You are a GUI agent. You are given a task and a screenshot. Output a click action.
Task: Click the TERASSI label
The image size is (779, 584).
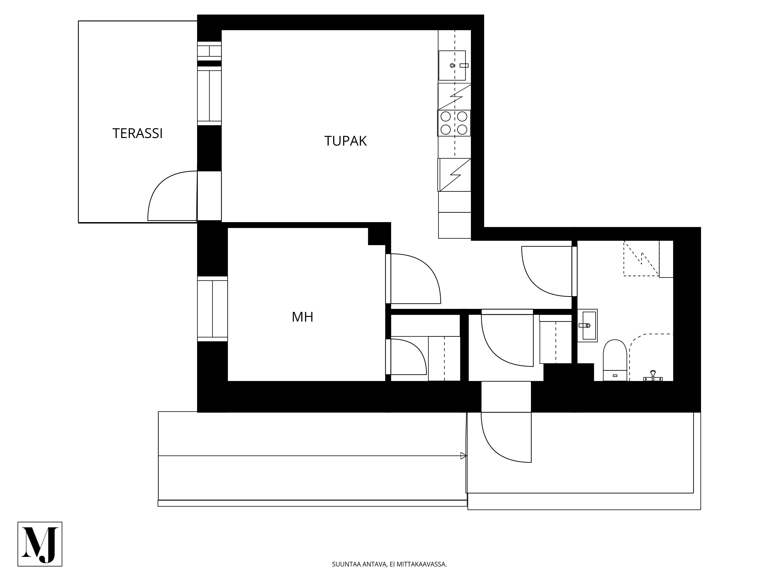point(137,133)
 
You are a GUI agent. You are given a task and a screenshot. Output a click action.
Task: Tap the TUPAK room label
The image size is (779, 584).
point(345,141)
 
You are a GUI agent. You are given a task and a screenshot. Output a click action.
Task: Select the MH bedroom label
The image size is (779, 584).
point(302,317)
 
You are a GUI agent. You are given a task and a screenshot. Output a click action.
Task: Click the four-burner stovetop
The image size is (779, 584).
point(454,123)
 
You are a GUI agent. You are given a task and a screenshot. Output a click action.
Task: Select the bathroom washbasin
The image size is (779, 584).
point(587,326)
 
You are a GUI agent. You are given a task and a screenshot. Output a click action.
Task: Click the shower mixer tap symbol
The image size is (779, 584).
point(653,376)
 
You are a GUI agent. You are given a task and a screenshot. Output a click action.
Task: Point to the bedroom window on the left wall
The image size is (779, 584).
point(212,309)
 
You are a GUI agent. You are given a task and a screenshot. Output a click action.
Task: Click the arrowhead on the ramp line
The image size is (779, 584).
point(464,456)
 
